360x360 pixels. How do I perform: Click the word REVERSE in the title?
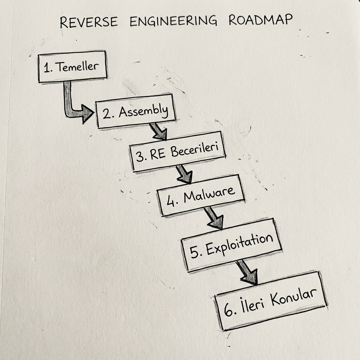[x=89, y=22]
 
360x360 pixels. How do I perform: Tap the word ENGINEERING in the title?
[x=173, y=21]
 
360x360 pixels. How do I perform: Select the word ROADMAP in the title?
[x=260, y=20]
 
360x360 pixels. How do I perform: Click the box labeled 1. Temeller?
[x=72, y=67]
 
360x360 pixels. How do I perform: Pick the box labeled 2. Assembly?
[x=135, y=112]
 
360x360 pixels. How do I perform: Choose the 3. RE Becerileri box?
[x=178, y=152]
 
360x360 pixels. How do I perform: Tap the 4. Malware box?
[x=201, y=195]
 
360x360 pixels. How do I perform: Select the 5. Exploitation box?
[x=231, y=245]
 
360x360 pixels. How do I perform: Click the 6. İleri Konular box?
[x=270, y=301]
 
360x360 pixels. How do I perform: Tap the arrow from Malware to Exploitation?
[x=214, y=217]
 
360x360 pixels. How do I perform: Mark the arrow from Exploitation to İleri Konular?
[x=247, y=272]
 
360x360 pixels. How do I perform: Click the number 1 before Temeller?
[x=46, y=68]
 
